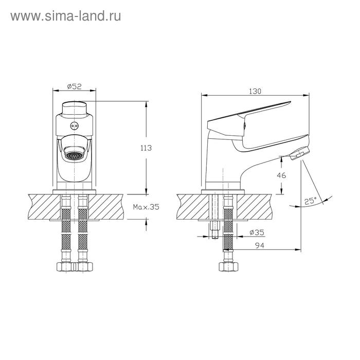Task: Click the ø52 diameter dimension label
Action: pos(74,86)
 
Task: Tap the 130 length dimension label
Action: pos(255,92)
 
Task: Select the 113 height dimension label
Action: pos(146,148)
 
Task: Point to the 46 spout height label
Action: pos(281,175)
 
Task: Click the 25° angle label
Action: pos(310,201)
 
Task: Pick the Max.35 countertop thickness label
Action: pos(146,207)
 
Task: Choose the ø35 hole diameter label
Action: pos(257,232)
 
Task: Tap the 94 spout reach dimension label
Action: pos(260,245)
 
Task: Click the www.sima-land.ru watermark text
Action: pos(66,16)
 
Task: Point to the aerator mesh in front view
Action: pos(74,156)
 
